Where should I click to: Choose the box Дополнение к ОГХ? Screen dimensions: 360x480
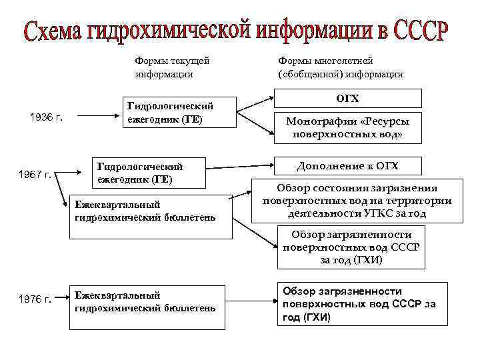(348, 166)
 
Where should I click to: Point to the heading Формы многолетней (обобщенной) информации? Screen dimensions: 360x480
(340, 67)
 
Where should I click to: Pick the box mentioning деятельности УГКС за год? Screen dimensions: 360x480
(357, 201)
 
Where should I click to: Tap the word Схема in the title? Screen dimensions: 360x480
(55, 31)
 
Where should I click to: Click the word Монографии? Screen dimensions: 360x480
(317, 122)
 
